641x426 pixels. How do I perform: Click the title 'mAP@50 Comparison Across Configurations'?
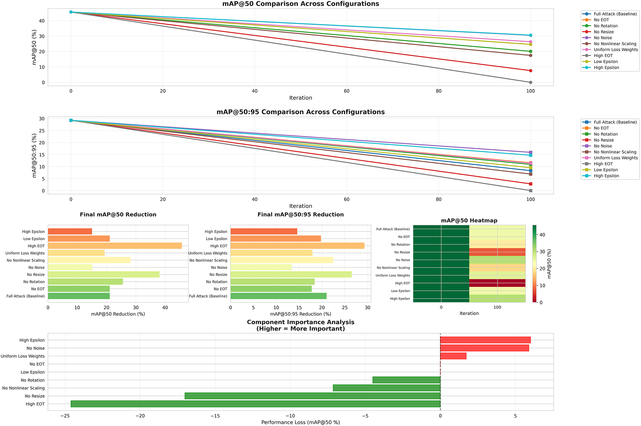300,4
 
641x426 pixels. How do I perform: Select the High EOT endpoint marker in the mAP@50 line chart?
530,82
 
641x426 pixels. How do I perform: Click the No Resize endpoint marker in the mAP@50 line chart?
530,70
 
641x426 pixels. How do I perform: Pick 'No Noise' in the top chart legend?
603,38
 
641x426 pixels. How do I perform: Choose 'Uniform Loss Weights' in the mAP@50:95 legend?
615,158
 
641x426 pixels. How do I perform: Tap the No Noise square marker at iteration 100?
530,152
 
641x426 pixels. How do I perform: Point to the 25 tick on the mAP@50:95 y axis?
42,131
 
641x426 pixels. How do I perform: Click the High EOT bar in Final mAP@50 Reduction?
115,246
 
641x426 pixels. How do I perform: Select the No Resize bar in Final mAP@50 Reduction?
104,275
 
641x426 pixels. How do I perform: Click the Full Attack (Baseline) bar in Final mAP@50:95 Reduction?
278,296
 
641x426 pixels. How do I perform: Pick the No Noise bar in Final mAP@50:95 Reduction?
261,267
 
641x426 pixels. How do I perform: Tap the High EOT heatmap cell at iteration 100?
497,283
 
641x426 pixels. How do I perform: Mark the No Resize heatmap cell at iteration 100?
497,252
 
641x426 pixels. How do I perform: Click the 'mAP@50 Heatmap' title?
469,221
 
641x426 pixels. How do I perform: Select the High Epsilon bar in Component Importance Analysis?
485,340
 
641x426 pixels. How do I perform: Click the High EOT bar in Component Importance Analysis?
255,404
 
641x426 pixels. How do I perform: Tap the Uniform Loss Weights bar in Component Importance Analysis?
453,356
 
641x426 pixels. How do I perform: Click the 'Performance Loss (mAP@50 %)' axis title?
300,422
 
